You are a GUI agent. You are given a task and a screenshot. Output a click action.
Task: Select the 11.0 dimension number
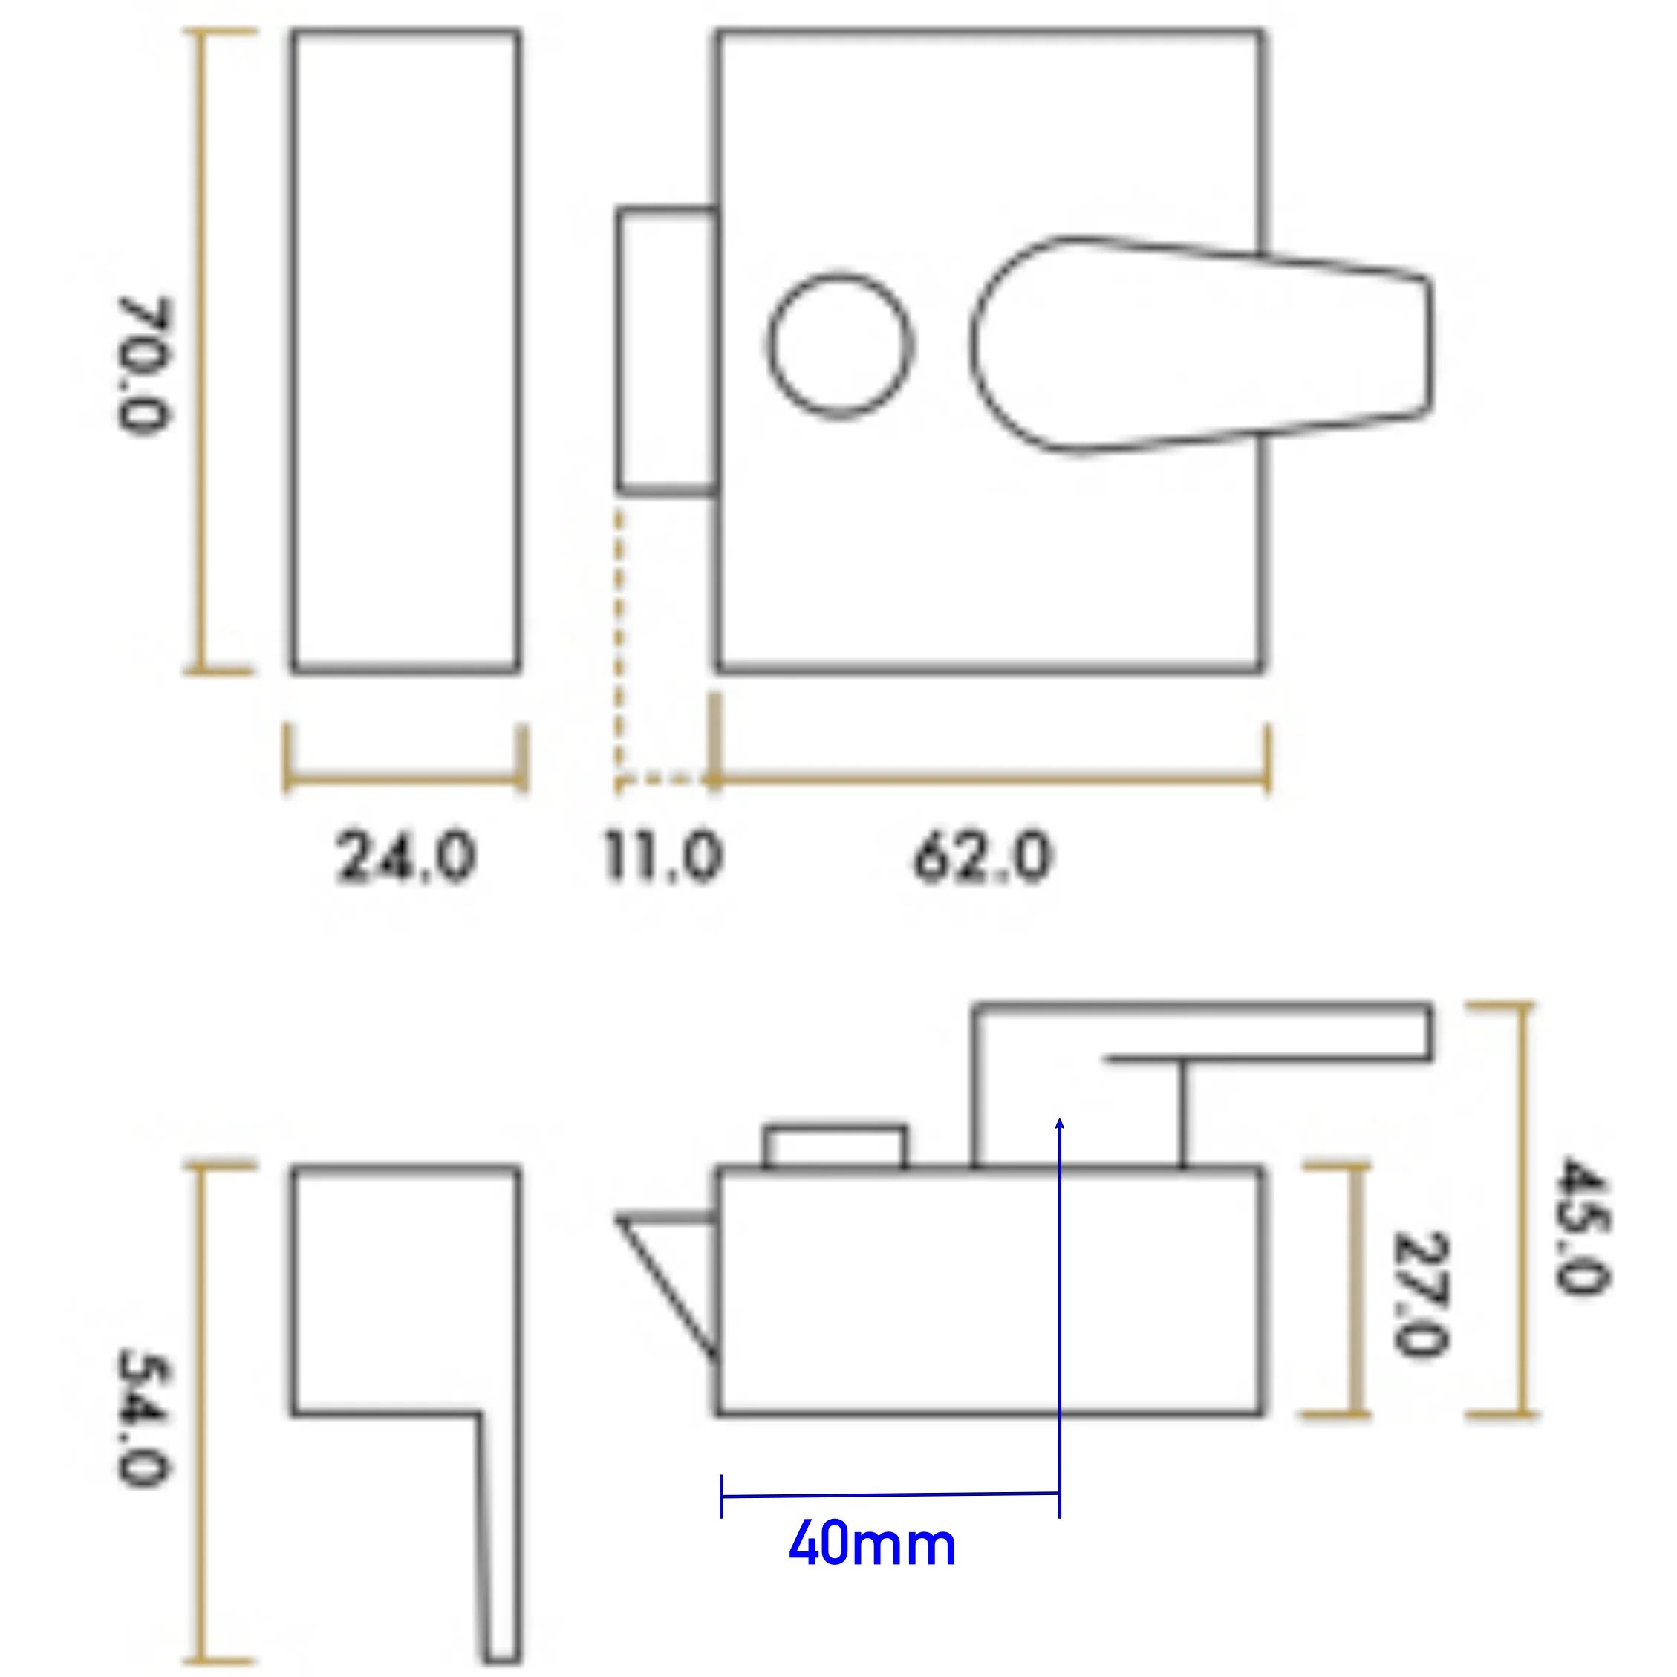tap(663, 857)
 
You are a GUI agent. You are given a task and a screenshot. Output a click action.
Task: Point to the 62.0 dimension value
tap(983, 857)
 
